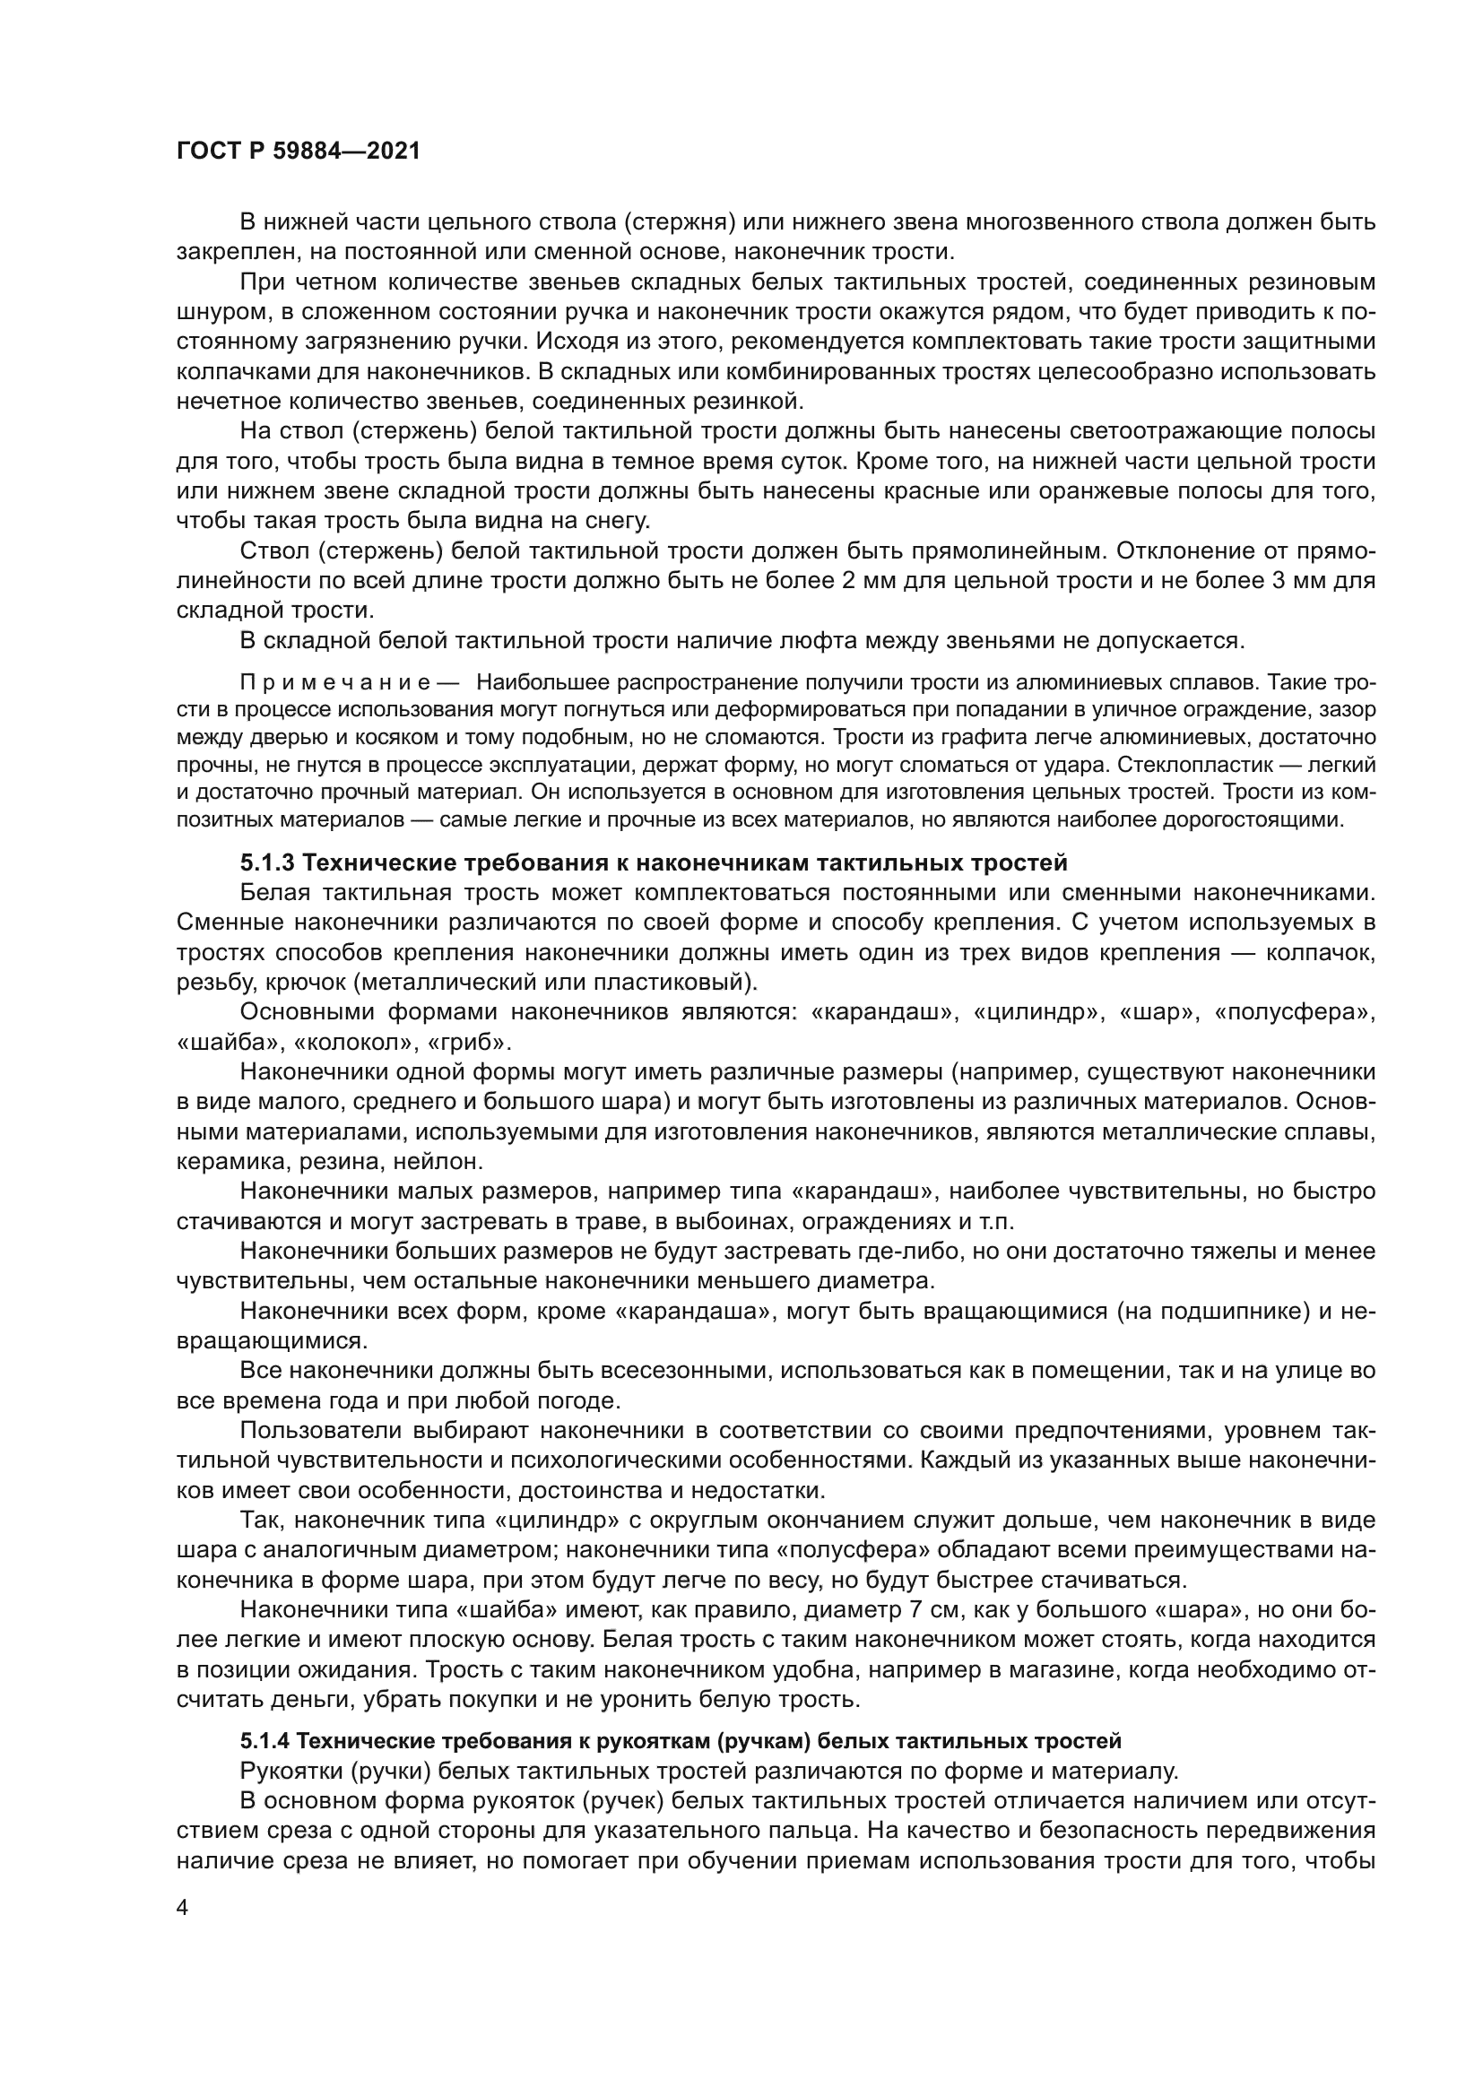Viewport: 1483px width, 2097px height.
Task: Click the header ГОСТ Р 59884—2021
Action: tap(298, 152)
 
